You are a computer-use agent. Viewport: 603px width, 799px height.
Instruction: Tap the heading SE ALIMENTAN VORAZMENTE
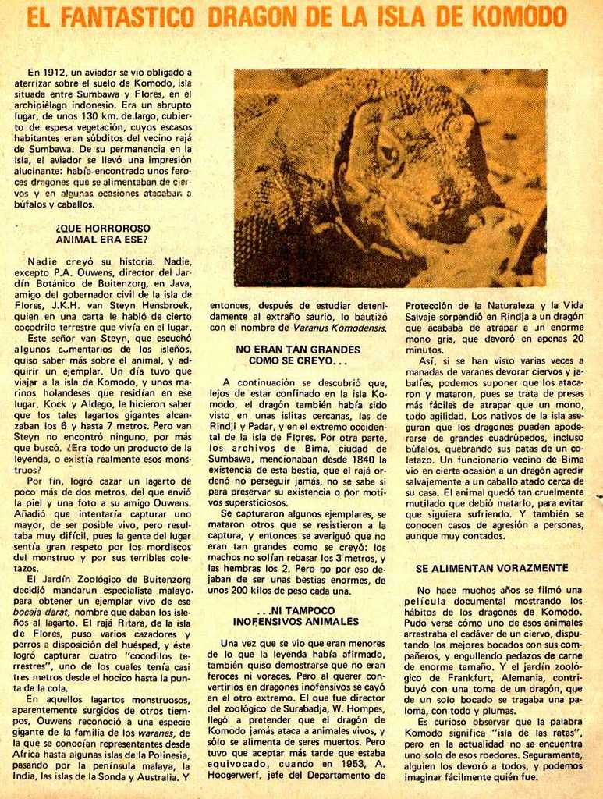pos(491,568)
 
